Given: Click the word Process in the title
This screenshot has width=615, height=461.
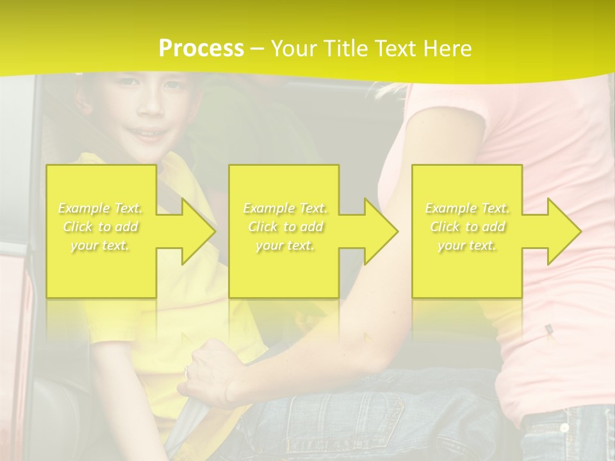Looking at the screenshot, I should click(x=201, y=48).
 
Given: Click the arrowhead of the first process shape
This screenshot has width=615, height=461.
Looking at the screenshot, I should click(x=199, y=231).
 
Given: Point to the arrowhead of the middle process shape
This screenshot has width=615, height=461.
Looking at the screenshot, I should click(x=381, y=231).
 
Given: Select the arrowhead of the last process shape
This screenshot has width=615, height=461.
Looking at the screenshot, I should click(x=564, y=231).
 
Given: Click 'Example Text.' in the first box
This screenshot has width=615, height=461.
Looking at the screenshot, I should click(x=101, y=208).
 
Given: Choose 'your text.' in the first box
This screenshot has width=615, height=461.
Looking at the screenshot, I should click(x=101, y=245).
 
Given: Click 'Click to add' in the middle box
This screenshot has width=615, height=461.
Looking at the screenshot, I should click(x=285, y=227).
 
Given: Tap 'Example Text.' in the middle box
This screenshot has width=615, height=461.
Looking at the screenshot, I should click(x=285, y=208).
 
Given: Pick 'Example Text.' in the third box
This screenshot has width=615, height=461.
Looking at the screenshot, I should click(x=467, y=208).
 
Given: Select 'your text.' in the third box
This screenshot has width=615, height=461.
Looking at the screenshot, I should click(x=467, y=245).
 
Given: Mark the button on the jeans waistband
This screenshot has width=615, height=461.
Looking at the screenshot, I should click(x=564, y=427).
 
